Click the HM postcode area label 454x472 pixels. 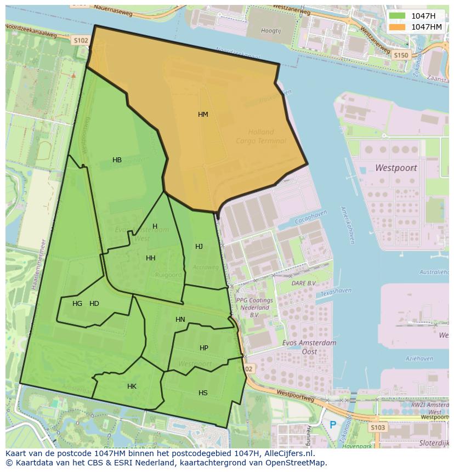pos(203,115)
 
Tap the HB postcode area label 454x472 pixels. pos(117,160)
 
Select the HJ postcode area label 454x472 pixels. pos(199,247)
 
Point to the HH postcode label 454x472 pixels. pos(150,258)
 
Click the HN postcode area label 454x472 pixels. pos(180,320)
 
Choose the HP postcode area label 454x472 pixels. pos(204,348)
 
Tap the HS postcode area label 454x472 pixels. pos(203,393)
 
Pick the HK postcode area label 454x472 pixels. pos(132,386)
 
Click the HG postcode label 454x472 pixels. pos(77,304)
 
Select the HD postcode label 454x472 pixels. pos(94,304)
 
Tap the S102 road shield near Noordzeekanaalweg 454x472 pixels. pos(81,41)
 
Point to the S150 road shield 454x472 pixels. pos(401,55)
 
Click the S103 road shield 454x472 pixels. pos(378,428)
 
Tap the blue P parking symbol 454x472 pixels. pos(333,424)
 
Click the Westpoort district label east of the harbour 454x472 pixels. pos(396,168)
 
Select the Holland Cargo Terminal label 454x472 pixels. pos(261,137)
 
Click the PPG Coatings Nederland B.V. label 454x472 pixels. pos(254,308)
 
